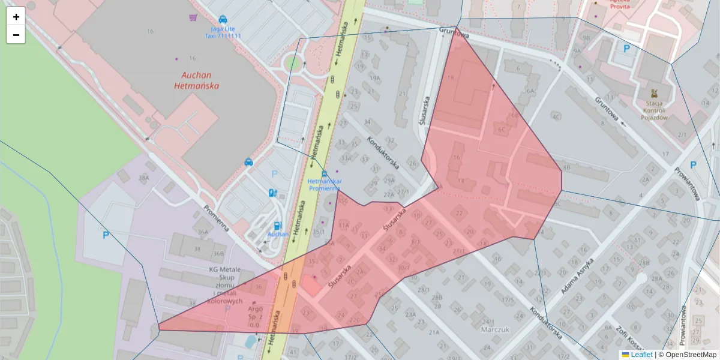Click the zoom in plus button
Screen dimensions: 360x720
(x=16, y=17)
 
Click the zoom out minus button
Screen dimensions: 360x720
(x=16, y=35)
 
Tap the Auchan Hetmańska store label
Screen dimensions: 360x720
(x=196, y=80)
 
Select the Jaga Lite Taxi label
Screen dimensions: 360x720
(x=223, y=32)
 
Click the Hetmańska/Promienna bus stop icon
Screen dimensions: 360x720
(x=324, y=173)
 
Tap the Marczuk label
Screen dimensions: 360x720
(x=495, y=329)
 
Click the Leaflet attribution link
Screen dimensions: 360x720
(x=641, y=355)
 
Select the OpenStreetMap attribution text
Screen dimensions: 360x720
(x=691, y=355)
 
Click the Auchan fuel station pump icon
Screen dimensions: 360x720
(x=272, y=193)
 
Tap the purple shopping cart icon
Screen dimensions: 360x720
(x=192, y=18)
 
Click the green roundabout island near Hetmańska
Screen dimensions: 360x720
(x=293, y=62)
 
